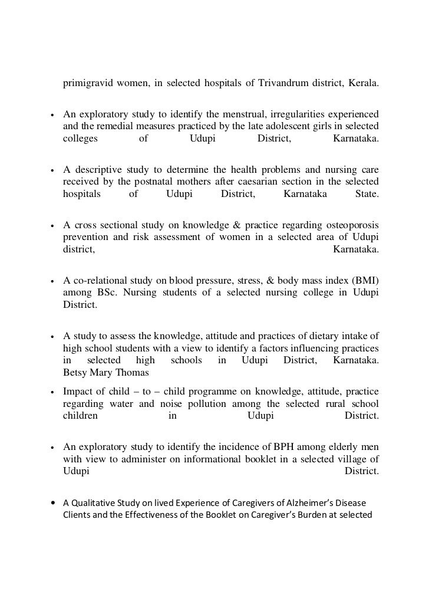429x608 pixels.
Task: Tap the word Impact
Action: pyautogui.click(x=78, y=392)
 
